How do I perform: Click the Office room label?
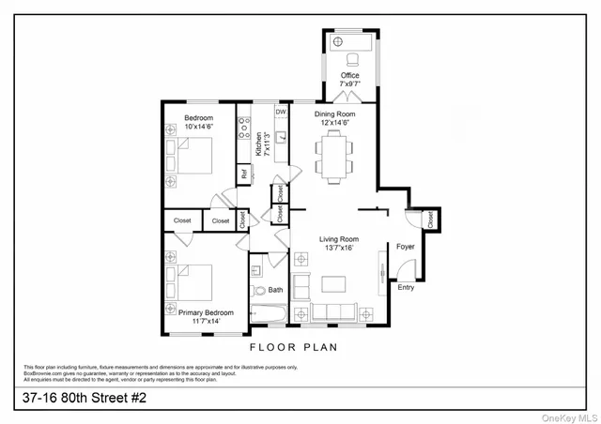coord(349,75)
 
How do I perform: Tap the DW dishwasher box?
coord(280,112)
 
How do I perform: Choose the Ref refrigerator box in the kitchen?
coord(244,174)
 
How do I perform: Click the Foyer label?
coord(405,248)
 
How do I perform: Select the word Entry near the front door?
coord(406,288)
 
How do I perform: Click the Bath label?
coord(275,290)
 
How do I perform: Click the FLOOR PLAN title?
coord(292,346)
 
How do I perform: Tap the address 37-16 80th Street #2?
coord(85,399)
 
